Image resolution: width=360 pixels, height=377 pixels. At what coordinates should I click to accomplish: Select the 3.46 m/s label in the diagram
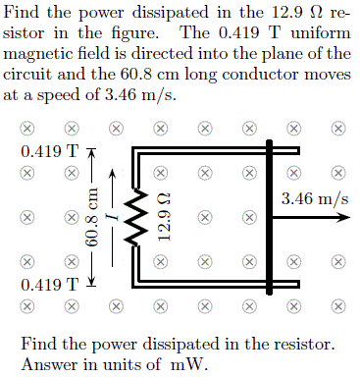(x=314, y=198)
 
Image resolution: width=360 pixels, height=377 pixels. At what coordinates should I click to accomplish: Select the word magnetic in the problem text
(x=42, y=53)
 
